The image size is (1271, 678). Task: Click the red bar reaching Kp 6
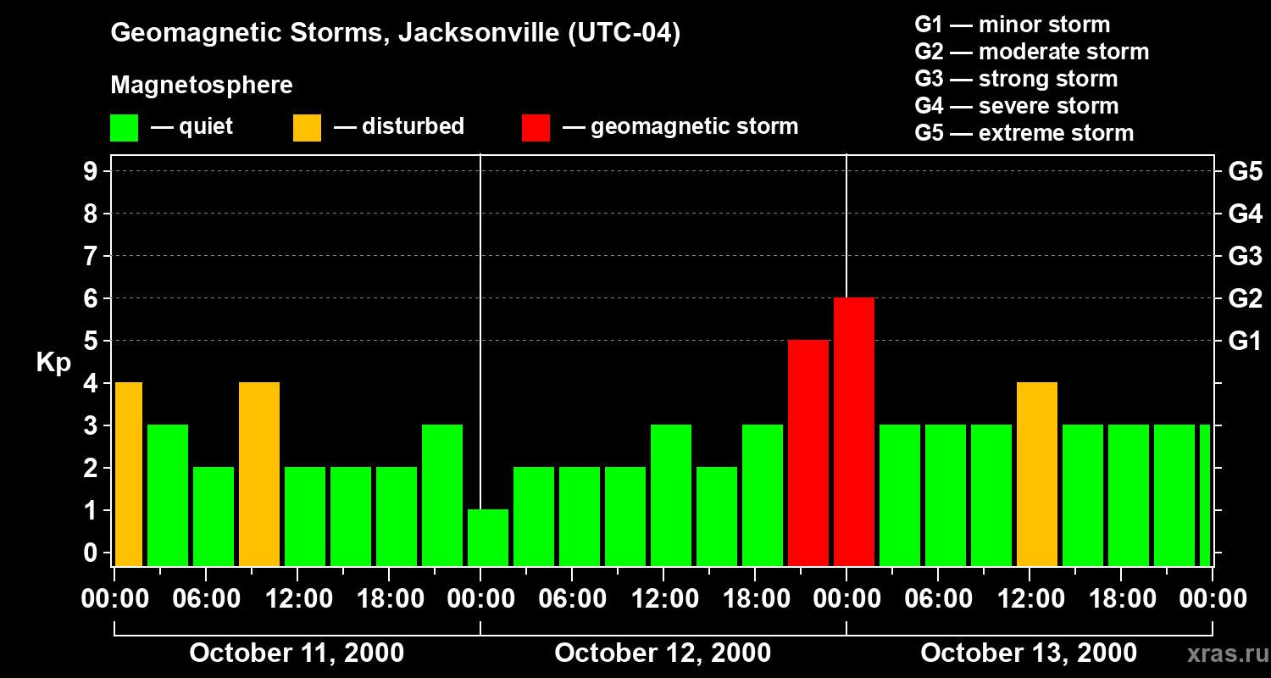[x=853, y=431]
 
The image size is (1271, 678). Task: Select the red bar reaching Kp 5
[x=808, y=453]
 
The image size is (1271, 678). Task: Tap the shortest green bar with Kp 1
[x=488, y=537]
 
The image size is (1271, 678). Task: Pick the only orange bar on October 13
[x=1036, y=474]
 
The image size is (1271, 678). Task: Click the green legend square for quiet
[x=124, y=128]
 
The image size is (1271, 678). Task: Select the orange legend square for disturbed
[x=307, y=128]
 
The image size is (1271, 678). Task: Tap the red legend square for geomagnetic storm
[x=536, y=128]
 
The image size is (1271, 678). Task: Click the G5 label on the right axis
[x=1245, y=172]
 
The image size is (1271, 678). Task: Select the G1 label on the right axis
[x=1245, y=342]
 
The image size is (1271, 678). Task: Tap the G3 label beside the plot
[x=1245, y=257]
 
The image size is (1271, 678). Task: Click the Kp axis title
[x=53, y=363]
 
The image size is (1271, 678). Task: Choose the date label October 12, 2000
[x=663, y=653]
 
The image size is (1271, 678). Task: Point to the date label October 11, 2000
[x=297, y=653]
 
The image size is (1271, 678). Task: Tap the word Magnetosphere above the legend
[x=202, y=86]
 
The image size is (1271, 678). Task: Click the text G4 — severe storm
[x=1016, y=106]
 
